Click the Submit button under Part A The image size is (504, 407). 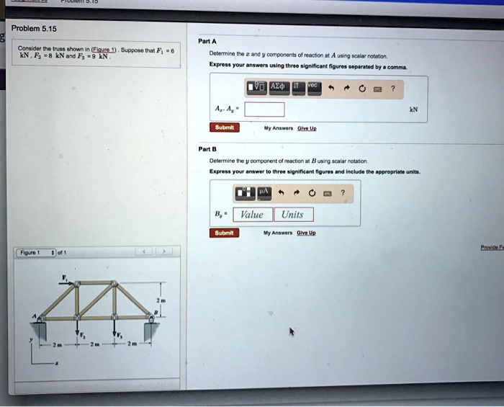[224, 127]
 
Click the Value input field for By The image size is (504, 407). [251, 214]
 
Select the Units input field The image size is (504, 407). [292, 214]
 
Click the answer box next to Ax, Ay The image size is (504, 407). [264, 109]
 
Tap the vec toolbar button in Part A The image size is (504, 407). [312, 87]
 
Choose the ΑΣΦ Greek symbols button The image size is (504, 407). [279, 88]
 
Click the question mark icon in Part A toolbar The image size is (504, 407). [392, 88]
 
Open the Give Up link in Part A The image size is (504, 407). [307, 128]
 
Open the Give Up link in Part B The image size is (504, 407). [307, 233]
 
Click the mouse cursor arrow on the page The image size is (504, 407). [292, 332]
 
